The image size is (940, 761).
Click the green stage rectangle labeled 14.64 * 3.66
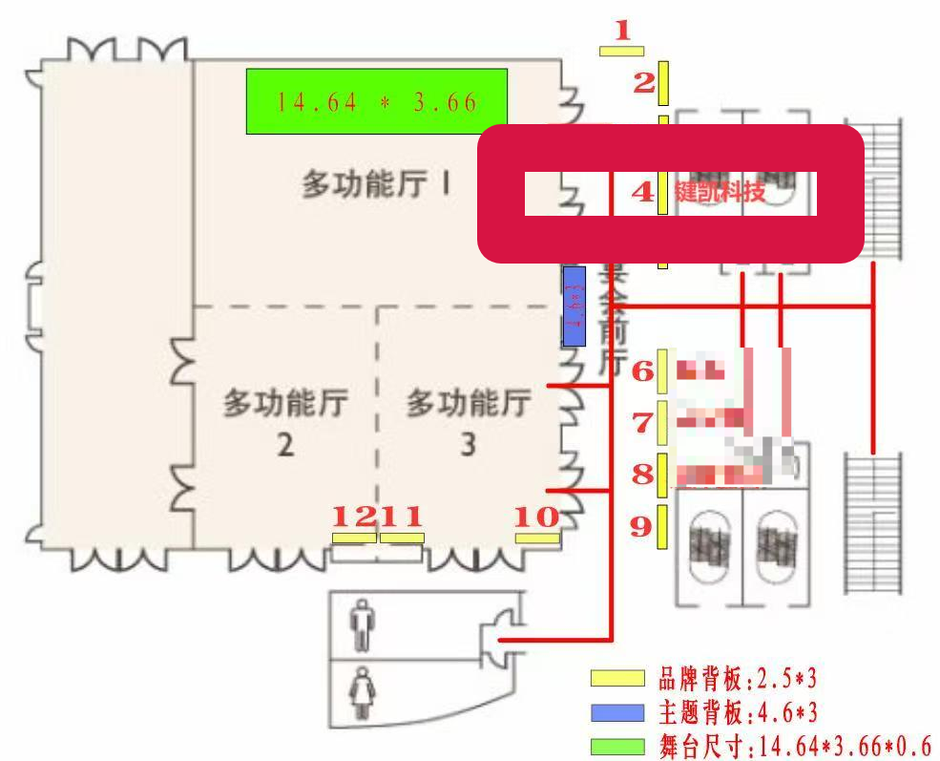click(376, 101)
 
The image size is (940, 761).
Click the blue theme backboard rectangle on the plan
click(574, 306)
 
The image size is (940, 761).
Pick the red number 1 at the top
click(623, 32)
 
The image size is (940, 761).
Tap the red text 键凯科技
click(721, 192)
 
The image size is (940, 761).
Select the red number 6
click(643, 371)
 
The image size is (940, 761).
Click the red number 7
click(643, 421)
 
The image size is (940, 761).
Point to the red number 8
click(643, 473)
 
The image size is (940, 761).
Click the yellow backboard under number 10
click(537, 539)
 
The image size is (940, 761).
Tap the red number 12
click(354, 517)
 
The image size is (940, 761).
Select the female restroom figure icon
click(362, 692)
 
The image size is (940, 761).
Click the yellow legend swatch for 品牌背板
click(617, 679)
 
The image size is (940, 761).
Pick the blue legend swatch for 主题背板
click(617, 712)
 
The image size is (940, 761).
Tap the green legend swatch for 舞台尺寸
click(617, 746)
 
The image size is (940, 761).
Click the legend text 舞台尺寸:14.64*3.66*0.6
click(795, 746)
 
